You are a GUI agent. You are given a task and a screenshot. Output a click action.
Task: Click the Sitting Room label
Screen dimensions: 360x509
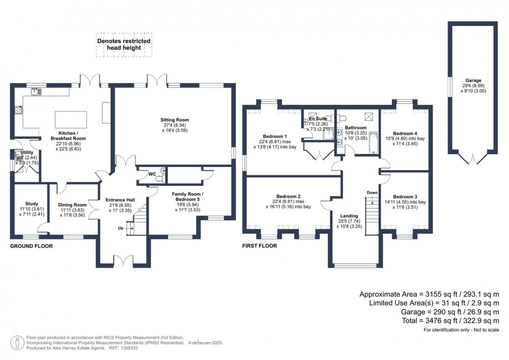(x=175, y=120)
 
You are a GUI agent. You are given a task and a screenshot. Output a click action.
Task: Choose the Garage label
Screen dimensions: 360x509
(x=473, y=80)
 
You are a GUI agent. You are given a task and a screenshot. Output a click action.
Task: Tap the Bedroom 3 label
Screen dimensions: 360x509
(x=405, y=196)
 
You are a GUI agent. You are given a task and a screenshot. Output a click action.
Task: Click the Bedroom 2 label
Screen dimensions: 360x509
(x=289, y=196)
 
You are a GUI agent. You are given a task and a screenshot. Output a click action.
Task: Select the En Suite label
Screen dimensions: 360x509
(x=318, y=119)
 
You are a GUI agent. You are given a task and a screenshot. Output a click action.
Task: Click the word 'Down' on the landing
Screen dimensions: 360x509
(x=372, y=192)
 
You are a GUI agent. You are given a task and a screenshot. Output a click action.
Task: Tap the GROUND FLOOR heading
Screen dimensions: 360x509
(x=31, y=246)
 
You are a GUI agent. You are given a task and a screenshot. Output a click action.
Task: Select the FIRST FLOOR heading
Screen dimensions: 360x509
(x=259, y=246)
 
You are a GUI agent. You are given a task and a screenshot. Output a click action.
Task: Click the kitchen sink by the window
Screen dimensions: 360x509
(x=35, y=91)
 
